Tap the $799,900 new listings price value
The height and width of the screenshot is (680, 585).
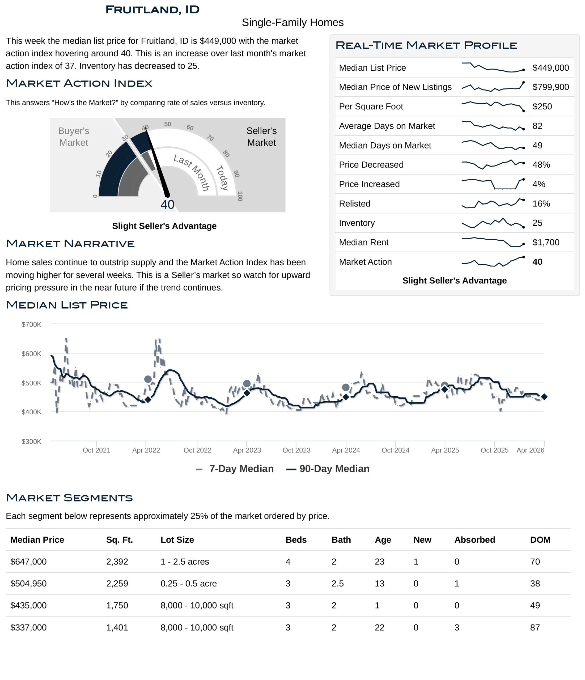tap(550, 87)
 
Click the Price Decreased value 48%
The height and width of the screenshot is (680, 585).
tap(541, 165)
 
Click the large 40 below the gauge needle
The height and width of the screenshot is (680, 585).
tap(167, 205)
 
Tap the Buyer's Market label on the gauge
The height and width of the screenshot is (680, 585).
tap(74, 137)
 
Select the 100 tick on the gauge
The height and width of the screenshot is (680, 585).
tap(240, 196)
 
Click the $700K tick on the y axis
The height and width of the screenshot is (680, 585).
tap(32, 324)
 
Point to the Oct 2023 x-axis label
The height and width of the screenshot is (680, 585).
tap(296, 450)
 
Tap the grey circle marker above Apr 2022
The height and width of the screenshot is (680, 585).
tap(148, 379)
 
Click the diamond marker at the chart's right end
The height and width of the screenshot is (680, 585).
tap(544, 397)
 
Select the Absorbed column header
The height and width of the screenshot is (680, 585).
tap(474, 540)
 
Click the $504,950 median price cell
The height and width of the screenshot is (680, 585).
tap(29, 584)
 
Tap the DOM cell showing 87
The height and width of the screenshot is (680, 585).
tap(535, 627)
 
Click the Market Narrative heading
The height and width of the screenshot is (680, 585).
tap(70, 244)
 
